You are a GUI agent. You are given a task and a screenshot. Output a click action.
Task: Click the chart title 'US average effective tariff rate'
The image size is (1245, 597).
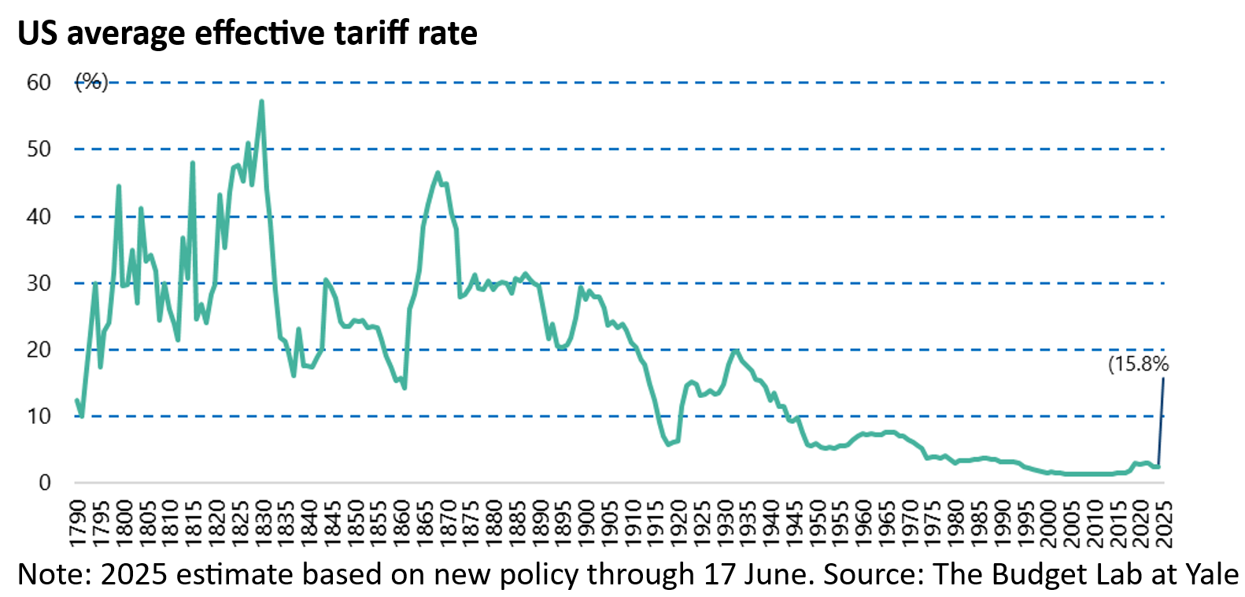pos(247,33)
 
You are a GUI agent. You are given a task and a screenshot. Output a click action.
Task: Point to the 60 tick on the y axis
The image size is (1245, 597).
pos(39,83)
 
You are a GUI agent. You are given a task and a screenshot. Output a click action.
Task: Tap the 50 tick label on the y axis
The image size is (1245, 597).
pos(39,149)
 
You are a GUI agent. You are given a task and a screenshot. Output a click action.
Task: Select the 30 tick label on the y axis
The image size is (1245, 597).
pos(39,283)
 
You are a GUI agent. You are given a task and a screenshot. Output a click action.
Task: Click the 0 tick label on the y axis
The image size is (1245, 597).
pos(45,483)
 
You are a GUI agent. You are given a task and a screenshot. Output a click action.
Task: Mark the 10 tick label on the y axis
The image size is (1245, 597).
pos(39,416)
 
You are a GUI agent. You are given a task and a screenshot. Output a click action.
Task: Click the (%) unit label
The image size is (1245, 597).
pos(91,82)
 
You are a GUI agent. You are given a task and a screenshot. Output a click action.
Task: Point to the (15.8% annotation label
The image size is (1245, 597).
pos(1138,364)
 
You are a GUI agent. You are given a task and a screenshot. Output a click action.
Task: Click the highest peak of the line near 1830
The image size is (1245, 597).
pos(261,101)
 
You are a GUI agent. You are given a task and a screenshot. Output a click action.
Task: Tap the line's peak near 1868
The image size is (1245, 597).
pos(438,173)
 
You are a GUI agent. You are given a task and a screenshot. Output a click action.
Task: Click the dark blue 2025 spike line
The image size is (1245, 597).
pos(1161,425)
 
